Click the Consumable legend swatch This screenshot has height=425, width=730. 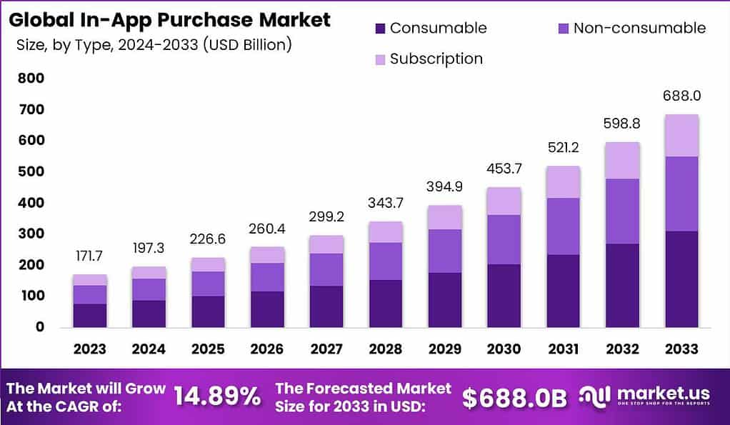coord(379,29)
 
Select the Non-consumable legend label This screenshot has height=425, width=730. coord(639,29)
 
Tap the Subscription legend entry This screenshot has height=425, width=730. coord(436,59)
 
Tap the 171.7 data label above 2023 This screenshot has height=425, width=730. coord(89,255)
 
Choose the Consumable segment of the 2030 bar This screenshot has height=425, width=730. coord(504,296)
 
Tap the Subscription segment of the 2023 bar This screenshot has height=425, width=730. coord(89,279)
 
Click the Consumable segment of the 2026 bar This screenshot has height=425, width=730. coord(267,309)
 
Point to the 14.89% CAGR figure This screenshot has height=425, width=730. coord(218,398)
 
